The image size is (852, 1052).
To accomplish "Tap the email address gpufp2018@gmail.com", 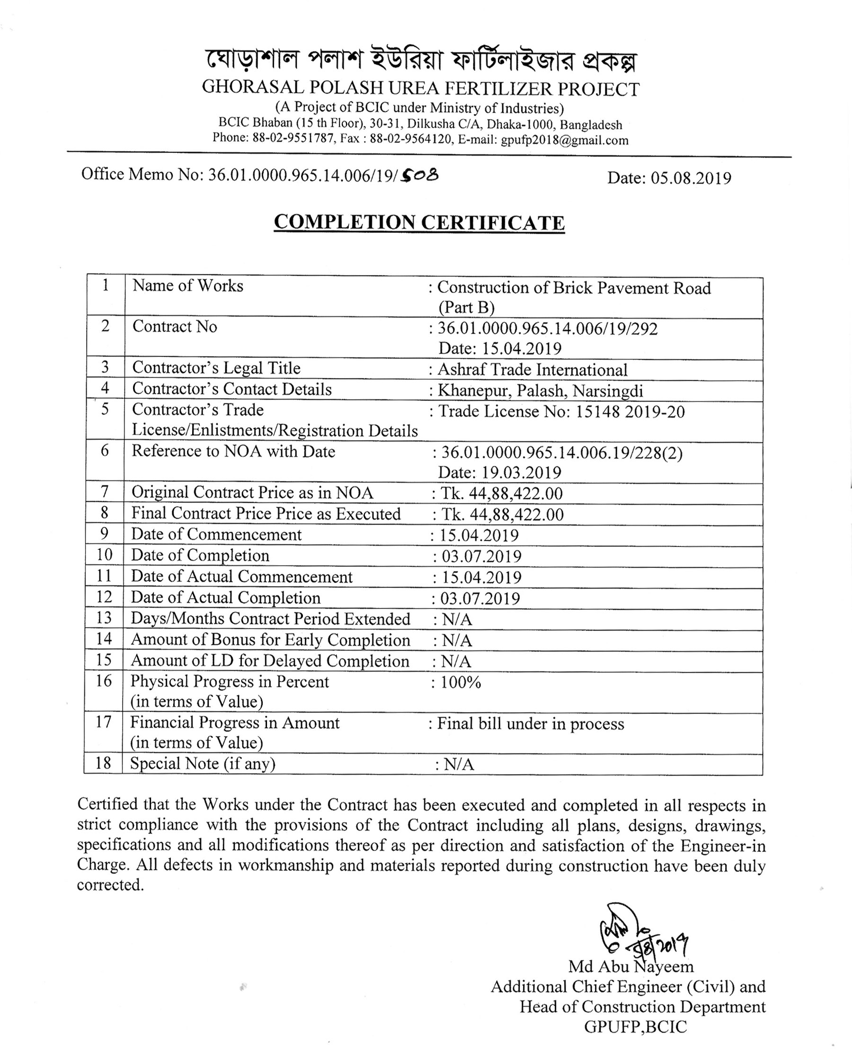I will coord(564,140).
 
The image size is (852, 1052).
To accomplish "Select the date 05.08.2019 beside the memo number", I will coord(691,178).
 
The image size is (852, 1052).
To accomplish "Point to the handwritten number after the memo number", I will coord(420,174).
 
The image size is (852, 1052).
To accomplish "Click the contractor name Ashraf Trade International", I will coord(532,369).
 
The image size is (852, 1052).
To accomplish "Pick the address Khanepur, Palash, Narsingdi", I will coord(541,391).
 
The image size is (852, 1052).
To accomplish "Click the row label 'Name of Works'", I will coord(188,285).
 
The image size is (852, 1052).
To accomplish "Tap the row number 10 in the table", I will coord(104,555).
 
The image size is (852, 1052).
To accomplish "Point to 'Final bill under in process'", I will coord(531,723).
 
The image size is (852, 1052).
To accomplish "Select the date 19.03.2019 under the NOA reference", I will coord(521,472).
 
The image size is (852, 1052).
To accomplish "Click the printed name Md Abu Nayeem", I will coord(631,967).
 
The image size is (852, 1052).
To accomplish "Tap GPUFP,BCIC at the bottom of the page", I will coord(636,1027).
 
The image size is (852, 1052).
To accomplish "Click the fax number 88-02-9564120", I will coord(411,139).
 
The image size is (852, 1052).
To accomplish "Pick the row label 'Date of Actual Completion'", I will coord(226,598).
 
